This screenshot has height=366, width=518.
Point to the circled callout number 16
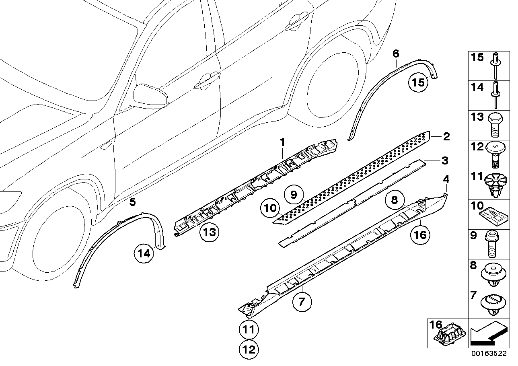tap(419, 234)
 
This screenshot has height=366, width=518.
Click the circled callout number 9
tap(293, 195)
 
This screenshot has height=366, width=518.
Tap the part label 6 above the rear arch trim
tap(396, 53)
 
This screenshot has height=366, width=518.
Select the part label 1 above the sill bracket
tap(282, 142)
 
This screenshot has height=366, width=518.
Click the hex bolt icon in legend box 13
tap(494, 125)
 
